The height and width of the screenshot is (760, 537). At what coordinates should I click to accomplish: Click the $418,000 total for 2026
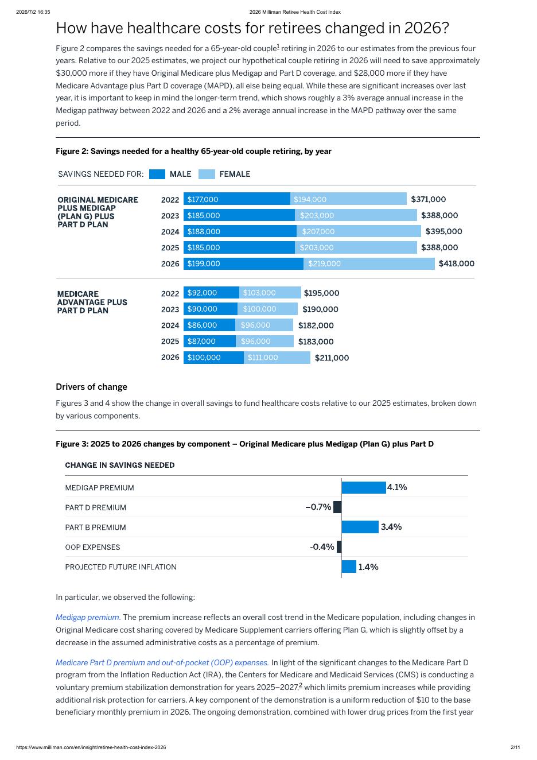pyautogui.click(x=456, y=263)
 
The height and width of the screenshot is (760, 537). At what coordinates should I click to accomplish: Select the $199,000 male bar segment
pyautogui.click(x=243, y=263)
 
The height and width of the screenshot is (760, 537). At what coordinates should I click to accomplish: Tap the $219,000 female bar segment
pyautogui.click(x=369, y=263)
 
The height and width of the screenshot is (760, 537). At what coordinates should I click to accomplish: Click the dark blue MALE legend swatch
pyautogui.click(x=157, y=174)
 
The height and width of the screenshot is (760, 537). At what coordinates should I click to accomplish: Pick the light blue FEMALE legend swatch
pyautogui.click(x=207, y=174)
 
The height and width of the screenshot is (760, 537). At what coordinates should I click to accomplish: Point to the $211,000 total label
pyautogui.click(x=332, y=358)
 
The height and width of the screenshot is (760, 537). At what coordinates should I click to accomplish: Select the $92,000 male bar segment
pyautogui.click(x=211, y=293)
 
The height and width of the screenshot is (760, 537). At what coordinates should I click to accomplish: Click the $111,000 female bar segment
pyautogui.click(x=277, y=358)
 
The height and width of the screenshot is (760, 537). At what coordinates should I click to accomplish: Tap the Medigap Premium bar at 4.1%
pyautogui.click(x=363, y=487)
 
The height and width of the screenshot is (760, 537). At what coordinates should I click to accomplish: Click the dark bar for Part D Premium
pyautogui.click(x=337, y=507)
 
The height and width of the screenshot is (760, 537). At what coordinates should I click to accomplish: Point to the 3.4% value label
pyautogui.click(x=391, y=527)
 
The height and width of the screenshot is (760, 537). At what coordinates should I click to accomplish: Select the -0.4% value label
pyautogui.click(x=322, y=546)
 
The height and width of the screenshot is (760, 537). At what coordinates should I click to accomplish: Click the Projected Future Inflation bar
pyautogui.click(x=349, y=567)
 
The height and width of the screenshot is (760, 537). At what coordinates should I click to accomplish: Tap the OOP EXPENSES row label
pyautogui.click(x=92, y=547)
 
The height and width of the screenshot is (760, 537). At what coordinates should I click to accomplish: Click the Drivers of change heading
pyautogui.click(x=92, y=387)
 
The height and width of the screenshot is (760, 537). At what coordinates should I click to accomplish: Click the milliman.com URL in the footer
pyautogui.click(x=91, y=747)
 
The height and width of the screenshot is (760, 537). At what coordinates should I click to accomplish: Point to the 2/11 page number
pyautogui.click(x=515, y=747)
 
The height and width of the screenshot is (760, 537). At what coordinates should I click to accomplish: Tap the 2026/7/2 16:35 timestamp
pyautogui.click(x=33, y=12)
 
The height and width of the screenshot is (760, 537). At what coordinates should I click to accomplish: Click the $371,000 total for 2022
pyautogui.click(x=428, y=199)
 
